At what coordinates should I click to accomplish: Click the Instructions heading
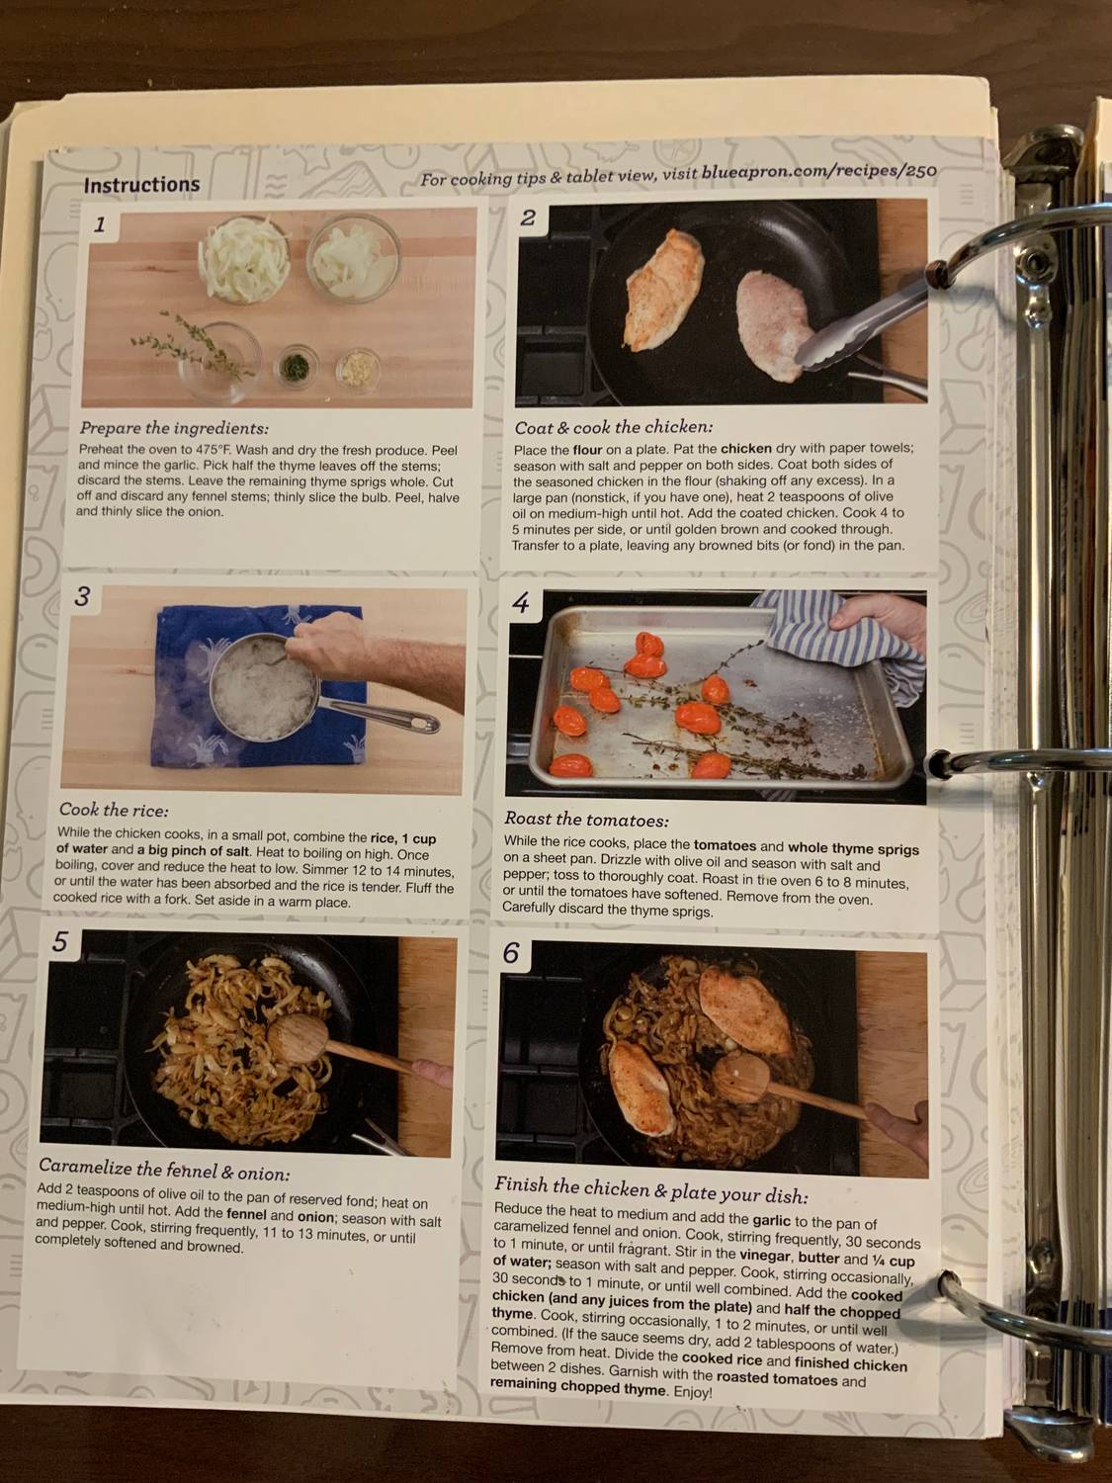click(x=141, y=185)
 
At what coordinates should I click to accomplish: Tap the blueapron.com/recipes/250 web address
click(x=819, y=172)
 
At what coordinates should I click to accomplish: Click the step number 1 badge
click(x=99, y=225)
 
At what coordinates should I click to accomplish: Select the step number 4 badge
click(x=521, y=603)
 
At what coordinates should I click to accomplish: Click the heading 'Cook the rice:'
click(x=113, y=811)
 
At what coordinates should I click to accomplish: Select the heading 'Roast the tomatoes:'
click(x=586, y=820)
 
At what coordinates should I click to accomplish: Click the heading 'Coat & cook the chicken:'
click(x=613, y=427)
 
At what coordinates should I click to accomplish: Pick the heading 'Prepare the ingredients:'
click(x=174, y=428)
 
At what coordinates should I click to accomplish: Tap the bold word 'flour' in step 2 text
click(x=588, y=449)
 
